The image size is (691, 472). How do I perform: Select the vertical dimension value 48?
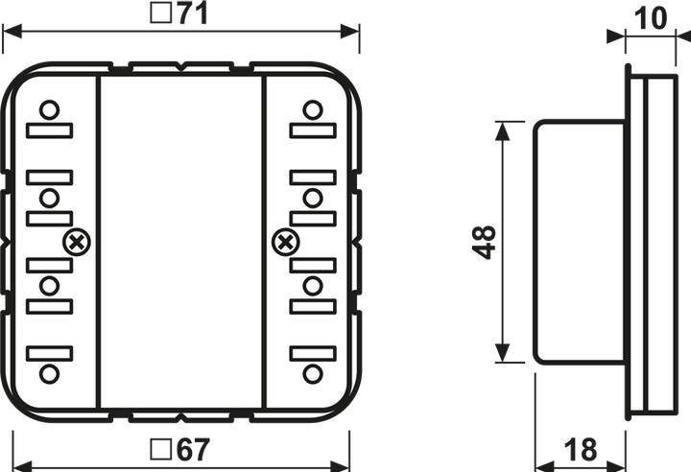click(x=485, y=242)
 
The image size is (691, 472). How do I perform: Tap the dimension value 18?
click(x=581, y=448)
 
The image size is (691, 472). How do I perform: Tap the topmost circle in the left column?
click(x=50, y=108)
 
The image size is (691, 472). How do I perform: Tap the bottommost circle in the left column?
click(x=50, y=374)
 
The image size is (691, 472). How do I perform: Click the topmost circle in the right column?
click(x=311, y=108)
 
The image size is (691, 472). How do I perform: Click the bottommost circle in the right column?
click(x=311, y=374)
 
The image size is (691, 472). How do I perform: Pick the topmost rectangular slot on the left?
click(x=50, y=130)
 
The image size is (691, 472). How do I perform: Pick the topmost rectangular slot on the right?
click(x=311, y=130)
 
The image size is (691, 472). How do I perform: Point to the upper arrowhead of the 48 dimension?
click(x=501, y=129)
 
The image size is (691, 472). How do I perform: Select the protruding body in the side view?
click(x=579, y=242)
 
